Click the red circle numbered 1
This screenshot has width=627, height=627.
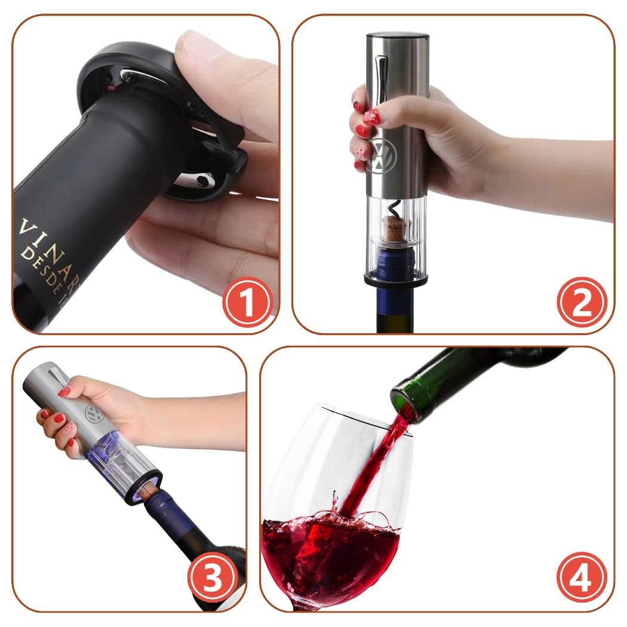coord(247,303)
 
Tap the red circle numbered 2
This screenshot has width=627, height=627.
coord(580,303)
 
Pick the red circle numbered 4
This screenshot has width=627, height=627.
coord(580,578)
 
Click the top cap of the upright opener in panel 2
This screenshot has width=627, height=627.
coord(397,38)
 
